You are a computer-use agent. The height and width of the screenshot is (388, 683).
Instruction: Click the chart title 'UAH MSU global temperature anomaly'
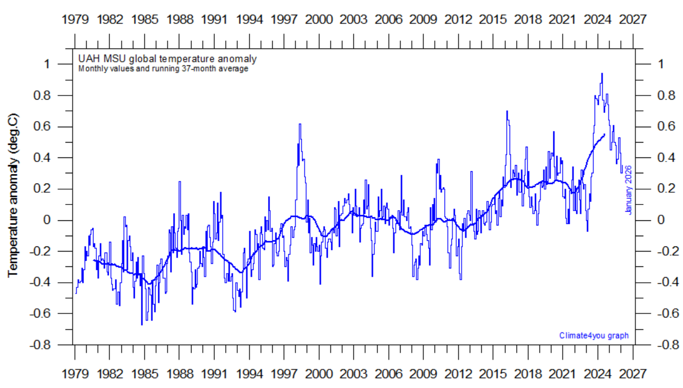167,58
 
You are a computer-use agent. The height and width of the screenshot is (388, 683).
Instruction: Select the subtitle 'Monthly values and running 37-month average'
163,69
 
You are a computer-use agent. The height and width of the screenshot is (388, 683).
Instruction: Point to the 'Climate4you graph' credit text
594,335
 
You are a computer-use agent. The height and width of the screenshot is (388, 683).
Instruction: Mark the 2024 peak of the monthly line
602,74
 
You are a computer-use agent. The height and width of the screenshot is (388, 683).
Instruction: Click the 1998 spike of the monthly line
300,124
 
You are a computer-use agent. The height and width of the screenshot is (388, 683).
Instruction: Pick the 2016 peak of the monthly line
507,111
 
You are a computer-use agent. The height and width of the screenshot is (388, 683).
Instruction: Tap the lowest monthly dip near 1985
141,324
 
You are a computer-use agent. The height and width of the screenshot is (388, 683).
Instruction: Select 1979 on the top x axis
75,19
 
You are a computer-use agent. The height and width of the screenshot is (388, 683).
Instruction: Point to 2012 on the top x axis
458,19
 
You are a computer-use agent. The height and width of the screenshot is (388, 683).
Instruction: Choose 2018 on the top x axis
528,19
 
